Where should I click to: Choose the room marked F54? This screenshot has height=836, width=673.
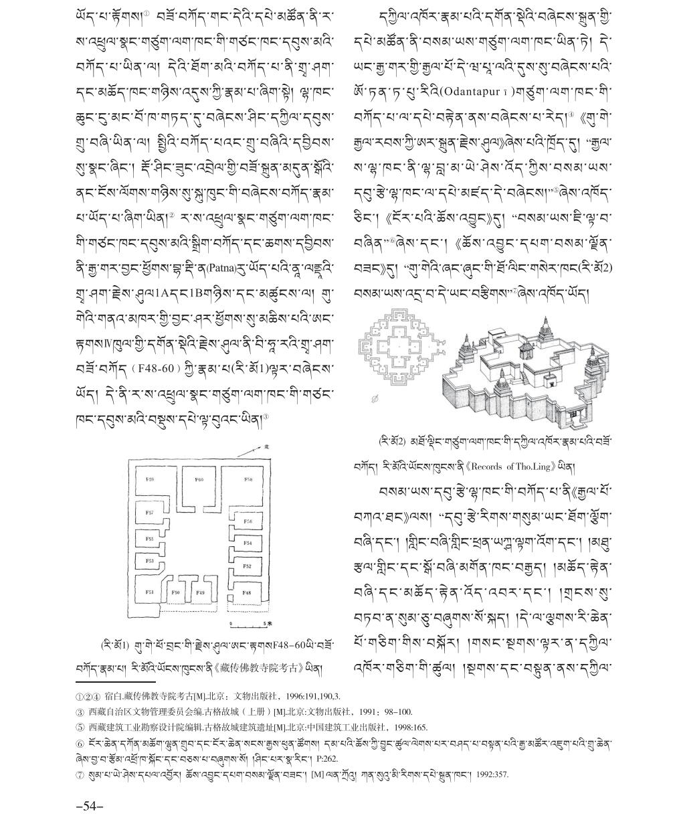[x=247, y=543]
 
